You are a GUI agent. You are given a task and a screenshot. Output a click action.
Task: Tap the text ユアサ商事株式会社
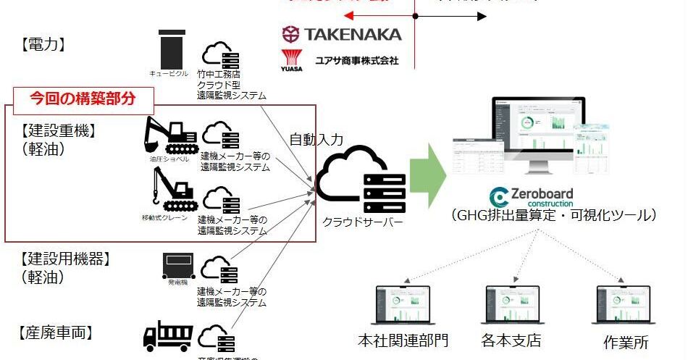[356, 61]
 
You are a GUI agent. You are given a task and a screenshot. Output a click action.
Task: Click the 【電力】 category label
[43, 44]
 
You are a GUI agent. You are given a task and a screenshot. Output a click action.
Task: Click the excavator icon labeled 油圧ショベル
[172, 135]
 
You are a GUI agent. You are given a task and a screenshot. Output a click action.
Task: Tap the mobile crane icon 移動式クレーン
[167, 190]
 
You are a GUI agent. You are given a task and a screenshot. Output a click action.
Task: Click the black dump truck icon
[168, 337]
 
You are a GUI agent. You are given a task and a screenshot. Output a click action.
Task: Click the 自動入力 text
[316, 139]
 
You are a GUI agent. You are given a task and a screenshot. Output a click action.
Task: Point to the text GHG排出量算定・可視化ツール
[553, 216]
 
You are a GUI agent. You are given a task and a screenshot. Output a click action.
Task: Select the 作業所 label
[625, 343]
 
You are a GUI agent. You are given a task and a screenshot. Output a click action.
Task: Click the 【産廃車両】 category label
[55, 333]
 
